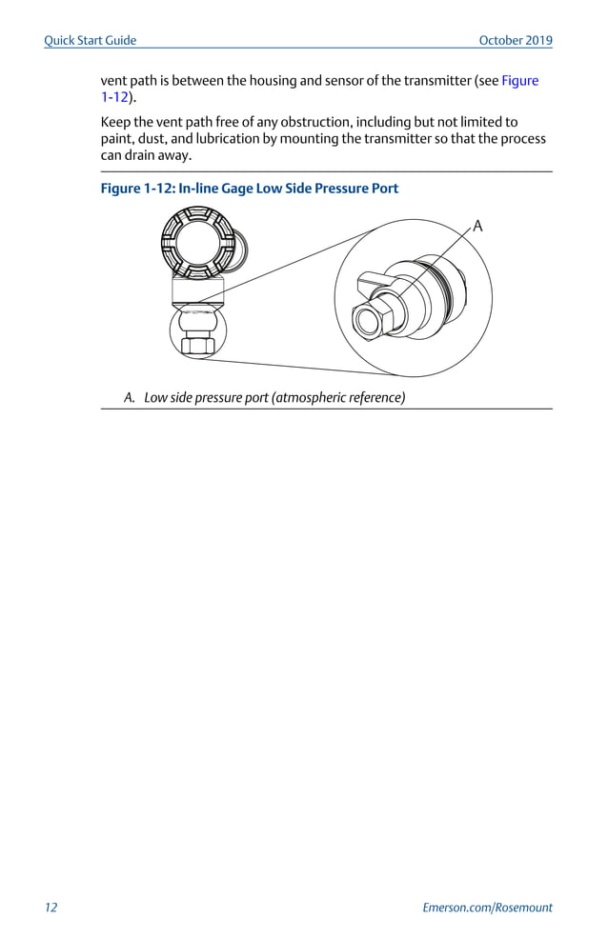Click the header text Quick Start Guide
point(91,40)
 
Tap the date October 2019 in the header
point(515,40)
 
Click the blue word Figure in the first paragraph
point(519,81)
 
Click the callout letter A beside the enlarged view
point(477,226)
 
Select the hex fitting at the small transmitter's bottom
point(198,345)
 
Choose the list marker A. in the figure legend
point(131,397)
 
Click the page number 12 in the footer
point(51,908)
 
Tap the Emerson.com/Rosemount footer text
point(487,908)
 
